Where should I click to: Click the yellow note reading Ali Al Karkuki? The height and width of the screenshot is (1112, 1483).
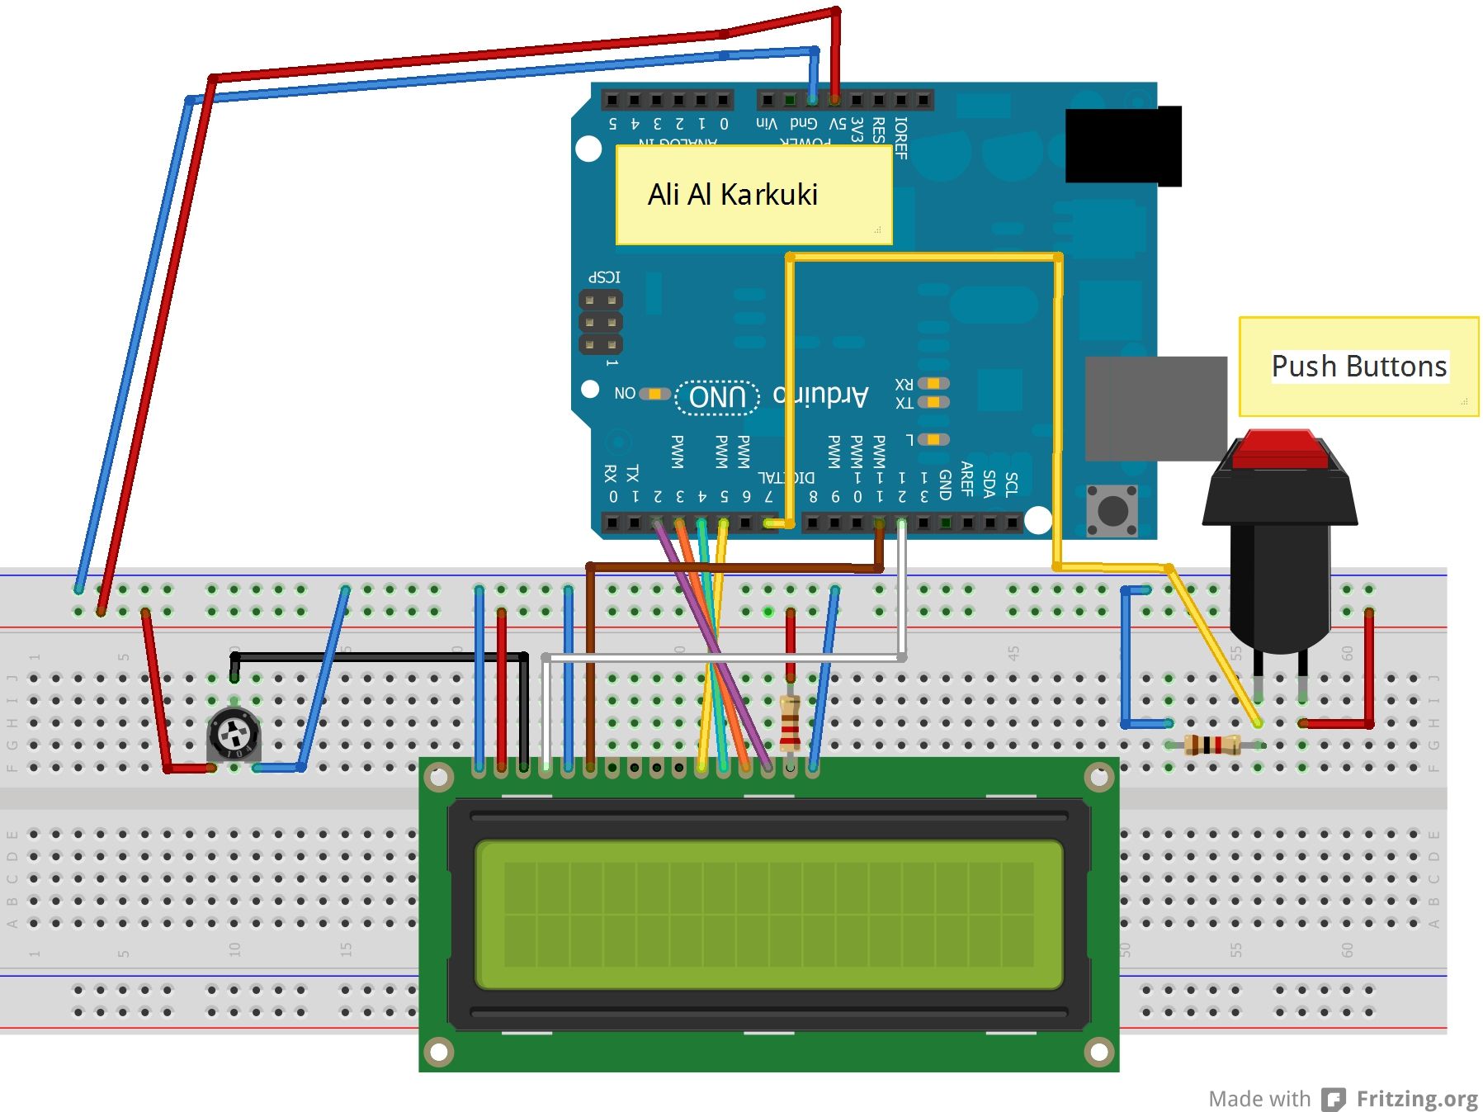(x=753, y=195)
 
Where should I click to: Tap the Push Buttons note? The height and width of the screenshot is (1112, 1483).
(x=1358, y=366)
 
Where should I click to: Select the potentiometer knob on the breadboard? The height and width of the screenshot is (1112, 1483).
(x=234, y=733)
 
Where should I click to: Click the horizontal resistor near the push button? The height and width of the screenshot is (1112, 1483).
(x=1211, y=745)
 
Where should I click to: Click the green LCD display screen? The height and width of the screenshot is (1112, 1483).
(x=768, y=914)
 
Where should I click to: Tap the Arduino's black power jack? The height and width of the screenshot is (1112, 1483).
(x=1122, y=146)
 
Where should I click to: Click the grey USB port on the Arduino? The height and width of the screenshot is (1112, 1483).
(x=1155, y=408)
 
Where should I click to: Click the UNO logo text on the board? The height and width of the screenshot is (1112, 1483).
(x=717, y=397)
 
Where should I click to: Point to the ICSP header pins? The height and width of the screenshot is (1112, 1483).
(x=600, y=322)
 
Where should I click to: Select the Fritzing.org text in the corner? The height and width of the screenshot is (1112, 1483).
(x=1416, y=1099)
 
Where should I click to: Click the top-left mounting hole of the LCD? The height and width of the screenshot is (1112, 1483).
(x=439, y=777)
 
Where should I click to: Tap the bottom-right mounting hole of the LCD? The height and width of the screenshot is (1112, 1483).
(x=1098, y=1052)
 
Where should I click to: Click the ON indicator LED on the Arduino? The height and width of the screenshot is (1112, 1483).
(x=654, y=394)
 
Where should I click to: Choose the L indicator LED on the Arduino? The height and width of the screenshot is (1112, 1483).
(x=933, y=439)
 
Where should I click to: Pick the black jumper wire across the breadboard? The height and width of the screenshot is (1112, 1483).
(x=380, y=657)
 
